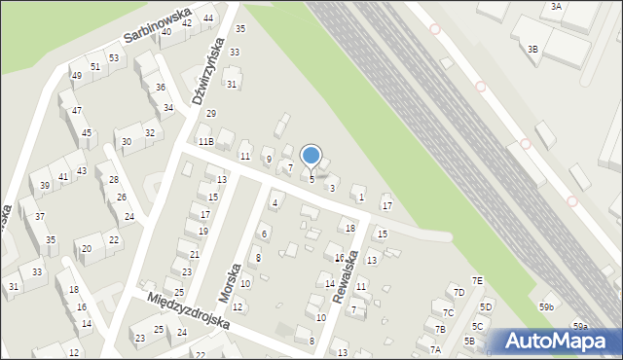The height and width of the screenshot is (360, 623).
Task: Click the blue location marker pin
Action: tap(311, 156)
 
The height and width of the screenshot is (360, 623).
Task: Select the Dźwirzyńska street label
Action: tap(209, 71)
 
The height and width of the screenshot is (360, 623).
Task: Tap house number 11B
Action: tap(205, 142)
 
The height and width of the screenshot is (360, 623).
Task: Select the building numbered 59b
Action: tap(547, 307)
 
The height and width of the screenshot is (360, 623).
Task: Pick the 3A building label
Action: tap(556, 6)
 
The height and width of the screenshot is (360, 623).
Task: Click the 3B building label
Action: tap(532, 49)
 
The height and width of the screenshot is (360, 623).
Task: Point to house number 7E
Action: tap(478, 281)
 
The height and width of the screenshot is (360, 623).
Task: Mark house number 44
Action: tap(209, 18)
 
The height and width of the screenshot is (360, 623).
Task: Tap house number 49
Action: tap(76, 76)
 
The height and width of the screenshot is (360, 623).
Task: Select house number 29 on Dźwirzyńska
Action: tap(210, 114)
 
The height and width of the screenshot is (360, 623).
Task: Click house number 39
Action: tap(45, 186)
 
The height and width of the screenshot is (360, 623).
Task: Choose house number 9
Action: tap(268, 159)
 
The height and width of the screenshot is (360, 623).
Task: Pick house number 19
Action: tap(203, 232)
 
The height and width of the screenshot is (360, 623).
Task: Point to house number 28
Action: tap(114, 180)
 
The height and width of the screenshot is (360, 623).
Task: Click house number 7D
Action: tap(458, 292)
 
